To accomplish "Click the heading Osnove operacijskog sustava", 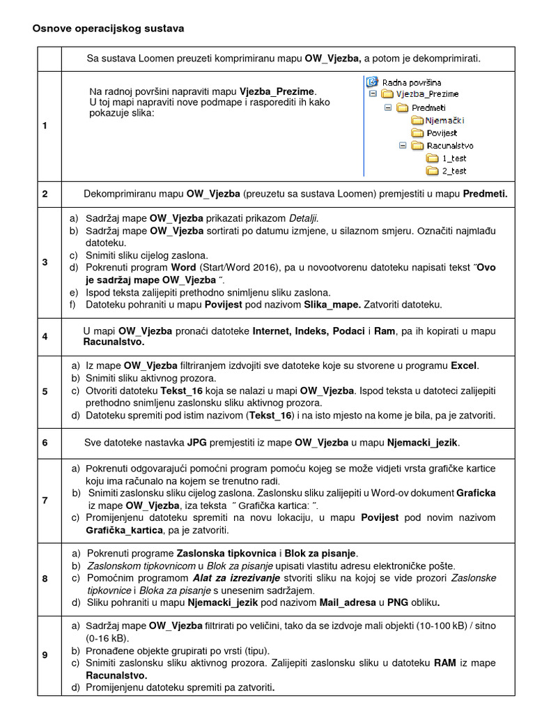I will [x=108, y=29].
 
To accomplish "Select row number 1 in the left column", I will [x=45, y=126].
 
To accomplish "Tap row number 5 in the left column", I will [x=45, y=391].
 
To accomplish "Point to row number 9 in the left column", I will [x=45, y=654].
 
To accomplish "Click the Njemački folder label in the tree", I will [x=444, y=120].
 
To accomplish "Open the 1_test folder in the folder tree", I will [x=453, y=158].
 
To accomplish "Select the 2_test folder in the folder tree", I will [x=453, y=171].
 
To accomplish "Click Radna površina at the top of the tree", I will [x=412, y=82].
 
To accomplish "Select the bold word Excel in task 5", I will [x=464, y=365].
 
